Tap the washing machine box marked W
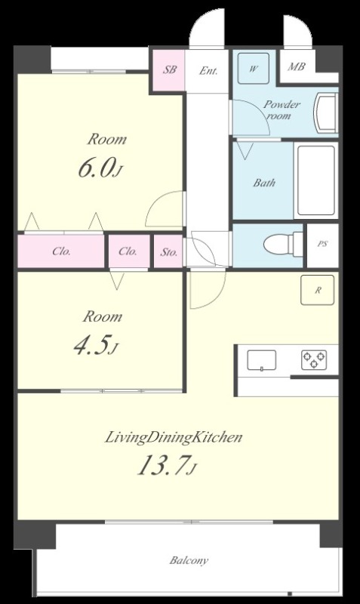253,69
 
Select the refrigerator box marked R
318,290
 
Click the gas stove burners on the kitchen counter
314,360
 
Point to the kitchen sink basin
261,360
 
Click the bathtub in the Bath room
315,180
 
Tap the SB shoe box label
169,69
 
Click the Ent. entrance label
208,71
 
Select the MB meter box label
297,66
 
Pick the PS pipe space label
323,244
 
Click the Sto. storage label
168,252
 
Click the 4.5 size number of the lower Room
91,345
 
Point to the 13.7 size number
164,464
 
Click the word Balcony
189,560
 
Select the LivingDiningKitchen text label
174,438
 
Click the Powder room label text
282,109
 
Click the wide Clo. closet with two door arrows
60,251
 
